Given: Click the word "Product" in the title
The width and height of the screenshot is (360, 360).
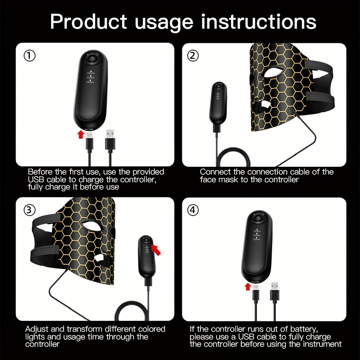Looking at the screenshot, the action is pyautogui.click(x=88, y=22).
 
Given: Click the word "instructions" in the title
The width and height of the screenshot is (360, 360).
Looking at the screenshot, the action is pyautogui.click(x=259, y=22).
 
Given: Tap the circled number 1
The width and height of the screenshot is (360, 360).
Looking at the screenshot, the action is pyautogui.click(x=30, y=56).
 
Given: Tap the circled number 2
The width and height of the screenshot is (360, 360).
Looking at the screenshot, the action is pyautogui.click(x=193, y=56).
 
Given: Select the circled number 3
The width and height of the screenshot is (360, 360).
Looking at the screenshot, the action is pyautogui.click(x=30, y=210).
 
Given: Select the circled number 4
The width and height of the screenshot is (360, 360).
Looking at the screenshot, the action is pyautogui.click(x=193, y=210).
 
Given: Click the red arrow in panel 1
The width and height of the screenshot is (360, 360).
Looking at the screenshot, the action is pyautogui.click(x=81, y=134).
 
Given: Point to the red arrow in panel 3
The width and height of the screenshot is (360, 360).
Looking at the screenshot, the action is pyautogui.click(x=156, y=250).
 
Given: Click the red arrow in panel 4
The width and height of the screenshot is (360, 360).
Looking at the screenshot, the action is pyautogui.click(x=247, y=287).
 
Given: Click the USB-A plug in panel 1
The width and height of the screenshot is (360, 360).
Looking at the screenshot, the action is pyautogui.click(x=110, y=140).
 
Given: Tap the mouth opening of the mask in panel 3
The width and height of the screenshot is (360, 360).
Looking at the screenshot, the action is pyautogui.click(x=99, y=258).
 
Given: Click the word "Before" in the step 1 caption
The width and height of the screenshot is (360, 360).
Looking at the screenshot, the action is pyautogui.click(x=39, y=172).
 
